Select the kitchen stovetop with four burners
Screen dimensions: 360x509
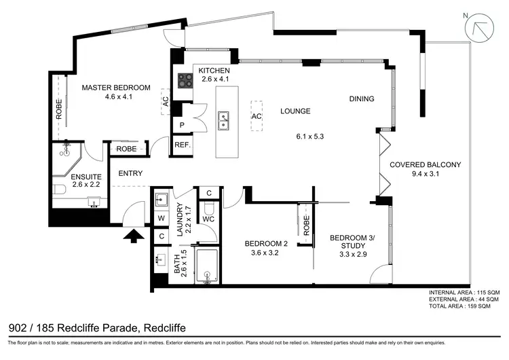186,81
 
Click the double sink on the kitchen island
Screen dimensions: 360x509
223,122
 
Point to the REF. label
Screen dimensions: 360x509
182,145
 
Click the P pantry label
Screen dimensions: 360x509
182,126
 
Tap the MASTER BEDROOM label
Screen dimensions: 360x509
116,88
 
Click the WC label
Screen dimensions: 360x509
209,219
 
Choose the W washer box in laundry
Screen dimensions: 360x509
161,219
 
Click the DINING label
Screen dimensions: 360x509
361,99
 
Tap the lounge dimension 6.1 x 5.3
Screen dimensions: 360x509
311,137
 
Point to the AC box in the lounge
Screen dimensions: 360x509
257,116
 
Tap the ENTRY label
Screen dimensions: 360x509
130,173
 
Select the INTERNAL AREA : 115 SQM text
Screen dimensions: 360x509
464,293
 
